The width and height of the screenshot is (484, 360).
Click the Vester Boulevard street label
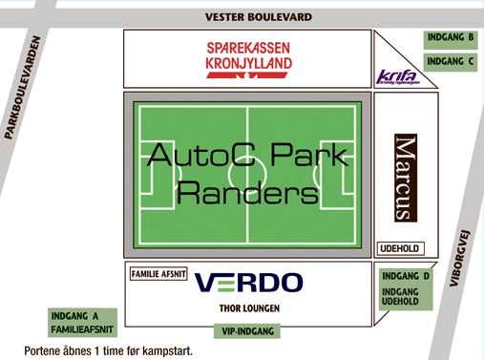click(x=260, y=17)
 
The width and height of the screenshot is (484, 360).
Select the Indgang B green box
click(x=451, y=38)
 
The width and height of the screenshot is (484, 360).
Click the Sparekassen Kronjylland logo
click(x=248, y=56)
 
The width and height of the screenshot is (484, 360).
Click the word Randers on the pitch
click(x=248, y=194)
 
